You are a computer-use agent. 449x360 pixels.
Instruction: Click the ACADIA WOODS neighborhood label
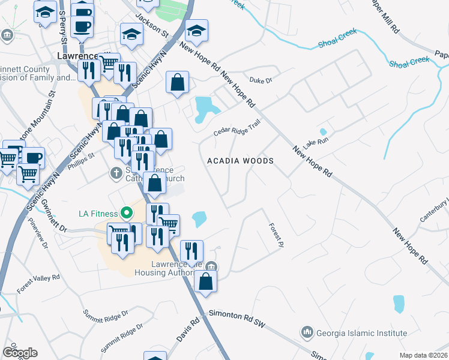click(240, 161)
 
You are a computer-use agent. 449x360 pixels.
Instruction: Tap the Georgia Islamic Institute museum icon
click(307, 332)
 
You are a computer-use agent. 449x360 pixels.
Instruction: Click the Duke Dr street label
click(261, 80)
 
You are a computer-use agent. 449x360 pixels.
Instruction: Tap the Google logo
click(19, 352)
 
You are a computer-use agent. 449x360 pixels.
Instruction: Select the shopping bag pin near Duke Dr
click(178, 83)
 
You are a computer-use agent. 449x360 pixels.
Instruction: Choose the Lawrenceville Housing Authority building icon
click(211, 266)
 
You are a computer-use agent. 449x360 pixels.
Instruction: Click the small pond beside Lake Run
click(323, 132)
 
